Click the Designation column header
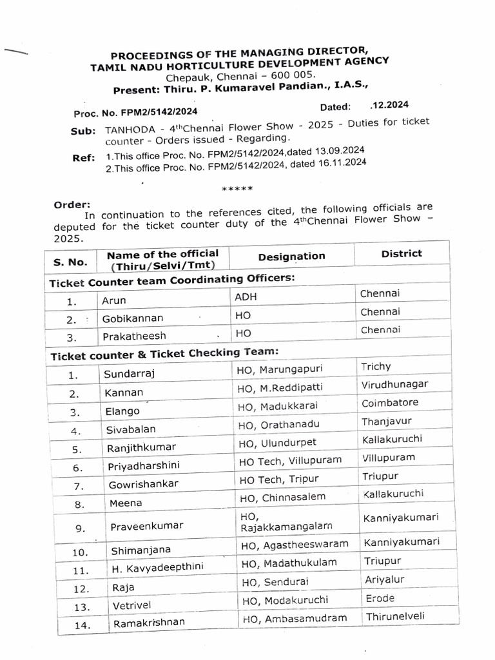[x=291, y=257]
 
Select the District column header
[x=401, y=253]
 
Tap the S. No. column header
[x=69, y=262]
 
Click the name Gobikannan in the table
[x=132, y=318]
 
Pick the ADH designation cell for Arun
[x=245, y=298]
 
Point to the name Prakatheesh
[x=133, y=336]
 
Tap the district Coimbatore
[x=391, y=403]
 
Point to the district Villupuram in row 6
[x=389, y=458]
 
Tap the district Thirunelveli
[x=395, y=616]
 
